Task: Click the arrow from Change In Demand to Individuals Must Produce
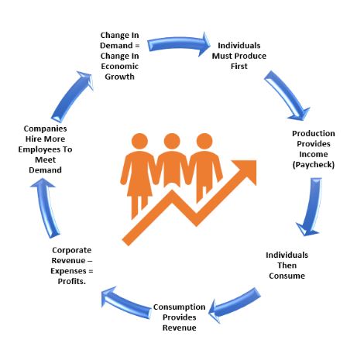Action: tap(178, 43)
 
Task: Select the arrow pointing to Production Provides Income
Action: tap(287, 94)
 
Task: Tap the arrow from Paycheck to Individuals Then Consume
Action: tap(312, 207)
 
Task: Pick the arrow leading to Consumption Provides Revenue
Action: tap(234, 304)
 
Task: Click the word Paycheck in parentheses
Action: tap(314, 165)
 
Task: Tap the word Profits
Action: tap(71, 281)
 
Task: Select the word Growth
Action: tap(119, 77)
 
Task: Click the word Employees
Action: tap(38, 149)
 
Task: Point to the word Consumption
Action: tap(179, 307)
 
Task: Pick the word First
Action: tap(239, 66)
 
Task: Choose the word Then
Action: tap(287, 266)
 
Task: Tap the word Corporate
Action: tap(72, 250)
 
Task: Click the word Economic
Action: tap(119, 66)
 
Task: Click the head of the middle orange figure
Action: tap(172, 142)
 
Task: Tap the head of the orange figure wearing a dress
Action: tap(139, 142)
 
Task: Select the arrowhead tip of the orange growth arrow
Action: tap(256, 160)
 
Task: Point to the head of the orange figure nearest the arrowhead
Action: tap(204, 142)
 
